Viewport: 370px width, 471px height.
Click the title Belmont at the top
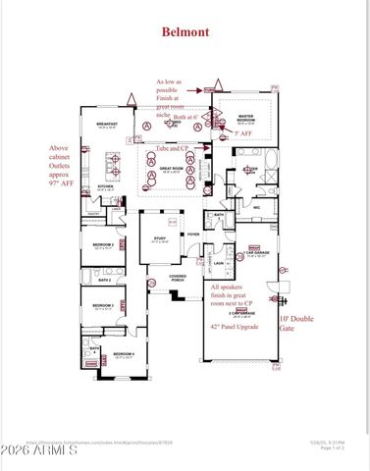pos(185,31)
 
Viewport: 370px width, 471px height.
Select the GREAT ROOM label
pos(173,168)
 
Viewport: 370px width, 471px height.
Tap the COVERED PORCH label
pos(178,278)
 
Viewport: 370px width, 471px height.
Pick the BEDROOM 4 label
pos(123,354)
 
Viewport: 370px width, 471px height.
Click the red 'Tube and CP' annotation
pos(173,147)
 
